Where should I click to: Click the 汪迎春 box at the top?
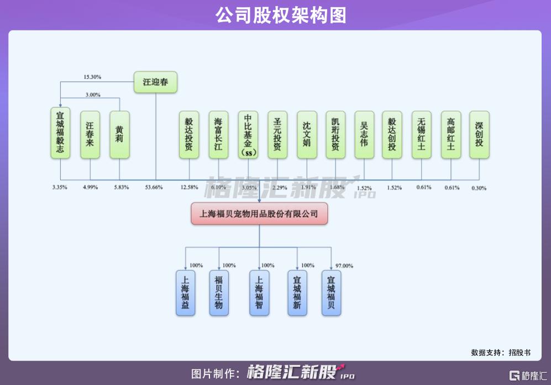tap(155, 83)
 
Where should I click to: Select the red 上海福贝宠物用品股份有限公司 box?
tap(259, 214)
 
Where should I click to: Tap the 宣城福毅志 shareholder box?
tap(60, 135)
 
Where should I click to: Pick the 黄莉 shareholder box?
tap(119, 135)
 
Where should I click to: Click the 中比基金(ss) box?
tap(248, 135)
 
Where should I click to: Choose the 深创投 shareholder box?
tap(479, 135)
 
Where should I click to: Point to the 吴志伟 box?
tap(364, 135)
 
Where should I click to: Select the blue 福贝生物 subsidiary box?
tap(219, 293)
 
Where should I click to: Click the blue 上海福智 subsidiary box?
tap(259, 293)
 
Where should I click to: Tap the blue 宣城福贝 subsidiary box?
tap(331, 293)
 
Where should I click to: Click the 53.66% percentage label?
tap(154, 187)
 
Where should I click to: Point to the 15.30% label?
tap(92, 76)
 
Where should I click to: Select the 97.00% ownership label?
tap(344, 266)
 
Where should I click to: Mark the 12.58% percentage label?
tap(189, 187)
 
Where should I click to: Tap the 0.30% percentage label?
tap(479, 188)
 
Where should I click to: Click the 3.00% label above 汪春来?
tap(93, 94)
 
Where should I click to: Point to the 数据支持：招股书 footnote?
tap(501, 352)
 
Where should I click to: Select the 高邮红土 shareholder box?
tap(451, 135)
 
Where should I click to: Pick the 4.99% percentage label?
tap(90, 187)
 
